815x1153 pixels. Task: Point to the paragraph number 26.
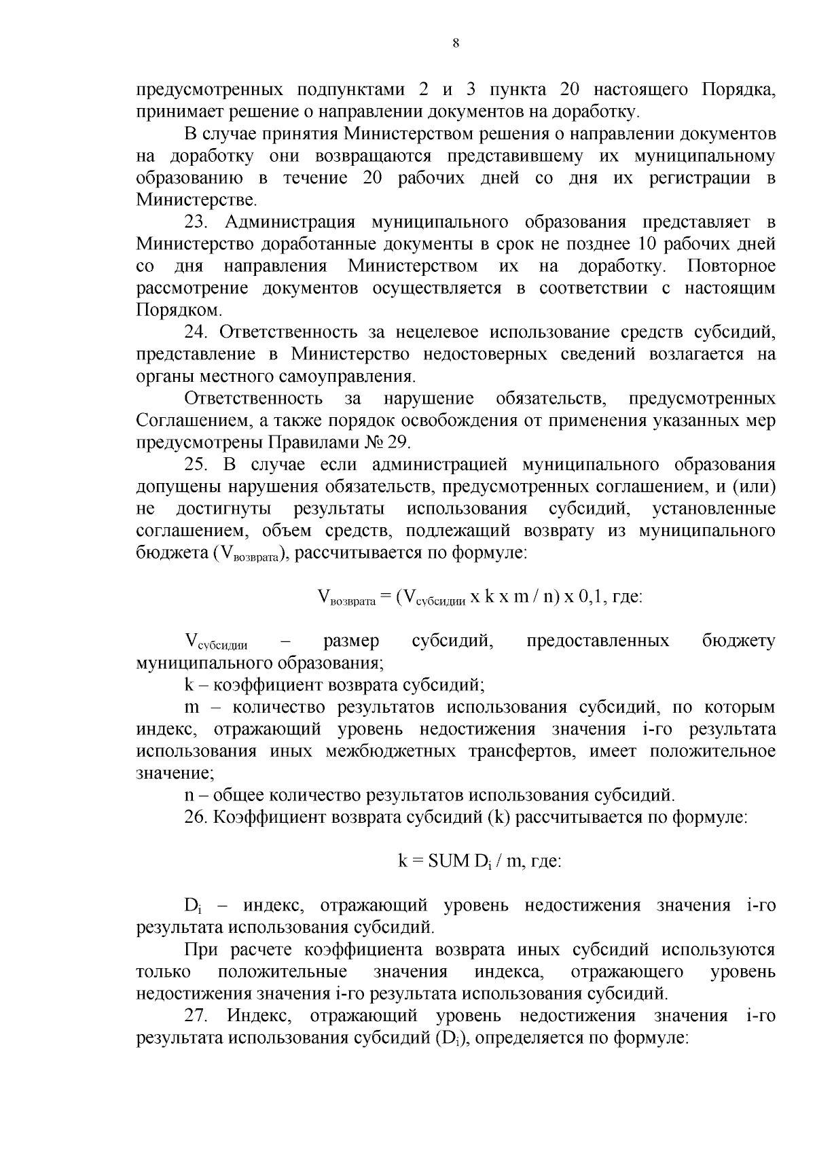pyautogui.click(x=196, y=817)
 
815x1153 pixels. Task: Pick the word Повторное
pyautogui.click(x=731, y=266)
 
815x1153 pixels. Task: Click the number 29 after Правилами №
pyautogui.click(x=397, y=443)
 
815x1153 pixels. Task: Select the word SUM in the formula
pyautogui.click(x=449, y=862)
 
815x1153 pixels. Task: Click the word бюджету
pyautogui.click(x=738, y=641)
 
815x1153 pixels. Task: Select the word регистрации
pyautogui.click(x=701, y=178)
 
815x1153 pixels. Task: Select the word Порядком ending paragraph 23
pyautogui.click(x=178, y=311)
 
